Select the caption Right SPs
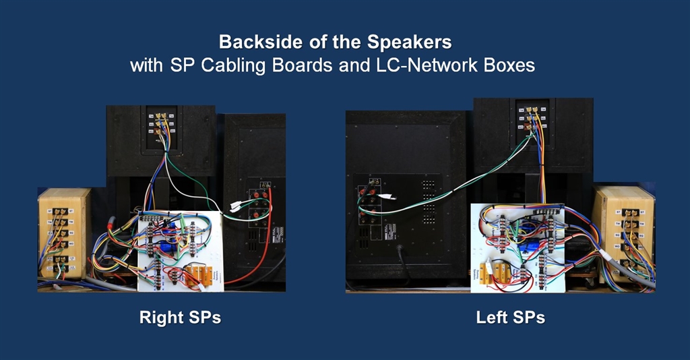pos(180,317)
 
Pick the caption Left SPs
pos(510,317)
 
